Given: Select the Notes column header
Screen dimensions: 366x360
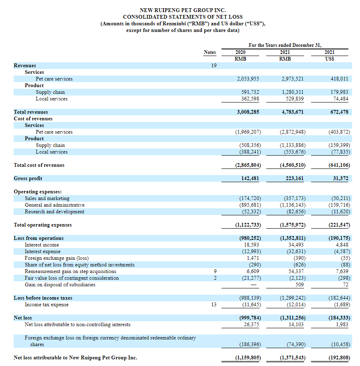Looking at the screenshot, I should [210, 52].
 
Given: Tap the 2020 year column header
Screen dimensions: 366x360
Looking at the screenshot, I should [241, 52].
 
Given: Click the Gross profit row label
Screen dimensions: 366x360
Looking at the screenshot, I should [28, 178].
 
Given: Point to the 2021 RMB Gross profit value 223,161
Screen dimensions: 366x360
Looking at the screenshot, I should [293, 178].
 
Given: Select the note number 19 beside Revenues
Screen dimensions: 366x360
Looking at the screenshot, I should [214, 66].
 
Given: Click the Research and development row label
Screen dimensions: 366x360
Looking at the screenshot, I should [54, 212].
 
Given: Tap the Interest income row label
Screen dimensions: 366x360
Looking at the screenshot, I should [42, 245].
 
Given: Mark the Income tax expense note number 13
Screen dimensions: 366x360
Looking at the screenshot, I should [214, 305].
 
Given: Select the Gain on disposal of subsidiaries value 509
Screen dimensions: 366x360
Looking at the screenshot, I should [299, 285].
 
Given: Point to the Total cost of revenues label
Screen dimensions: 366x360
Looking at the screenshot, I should [39, 165].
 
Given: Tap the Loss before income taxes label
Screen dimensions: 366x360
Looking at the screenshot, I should [43, 298].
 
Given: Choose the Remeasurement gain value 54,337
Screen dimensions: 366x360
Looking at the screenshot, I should [296, 271].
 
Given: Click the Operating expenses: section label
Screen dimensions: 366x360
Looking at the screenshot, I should [38, 192].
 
